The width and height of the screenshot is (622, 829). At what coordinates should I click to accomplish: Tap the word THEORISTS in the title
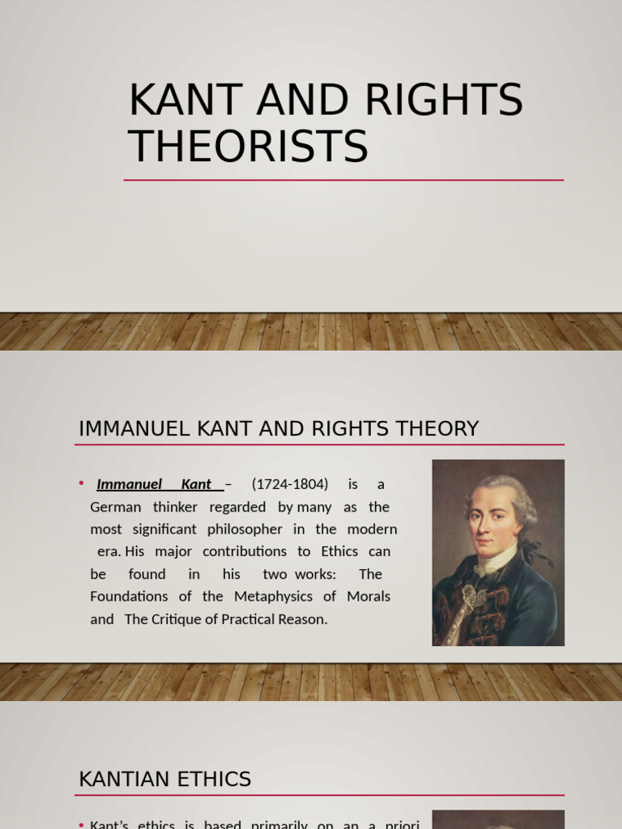pyautogui.click(x=249, y=147)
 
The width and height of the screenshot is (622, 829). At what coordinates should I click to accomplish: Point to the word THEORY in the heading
pyautogui.click(x=444, y=429)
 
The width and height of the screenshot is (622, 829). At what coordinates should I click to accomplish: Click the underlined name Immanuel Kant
pyautogui.click(x=154, y=484)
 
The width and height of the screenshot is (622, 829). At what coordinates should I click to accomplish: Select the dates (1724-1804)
pyautogui.click(x=290, y=484)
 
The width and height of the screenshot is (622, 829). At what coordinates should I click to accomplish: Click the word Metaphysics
pyautogui.click(x=273, y=597)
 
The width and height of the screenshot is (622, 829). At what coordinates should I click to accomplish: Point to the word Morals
pyautogui.click(x=368, y=597)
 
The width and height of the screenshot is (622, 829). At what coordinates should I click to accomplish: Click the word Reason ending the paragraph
pyautogui.click(x=303, y=619)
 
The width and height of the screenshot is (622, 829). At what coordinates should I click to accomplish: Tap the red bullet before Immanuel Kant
pyautogui.click(x=82, y=483)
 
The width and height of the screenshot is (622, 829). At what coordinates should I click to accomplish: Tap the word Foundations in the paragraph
pyautogui.click(x=130, y=597)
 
